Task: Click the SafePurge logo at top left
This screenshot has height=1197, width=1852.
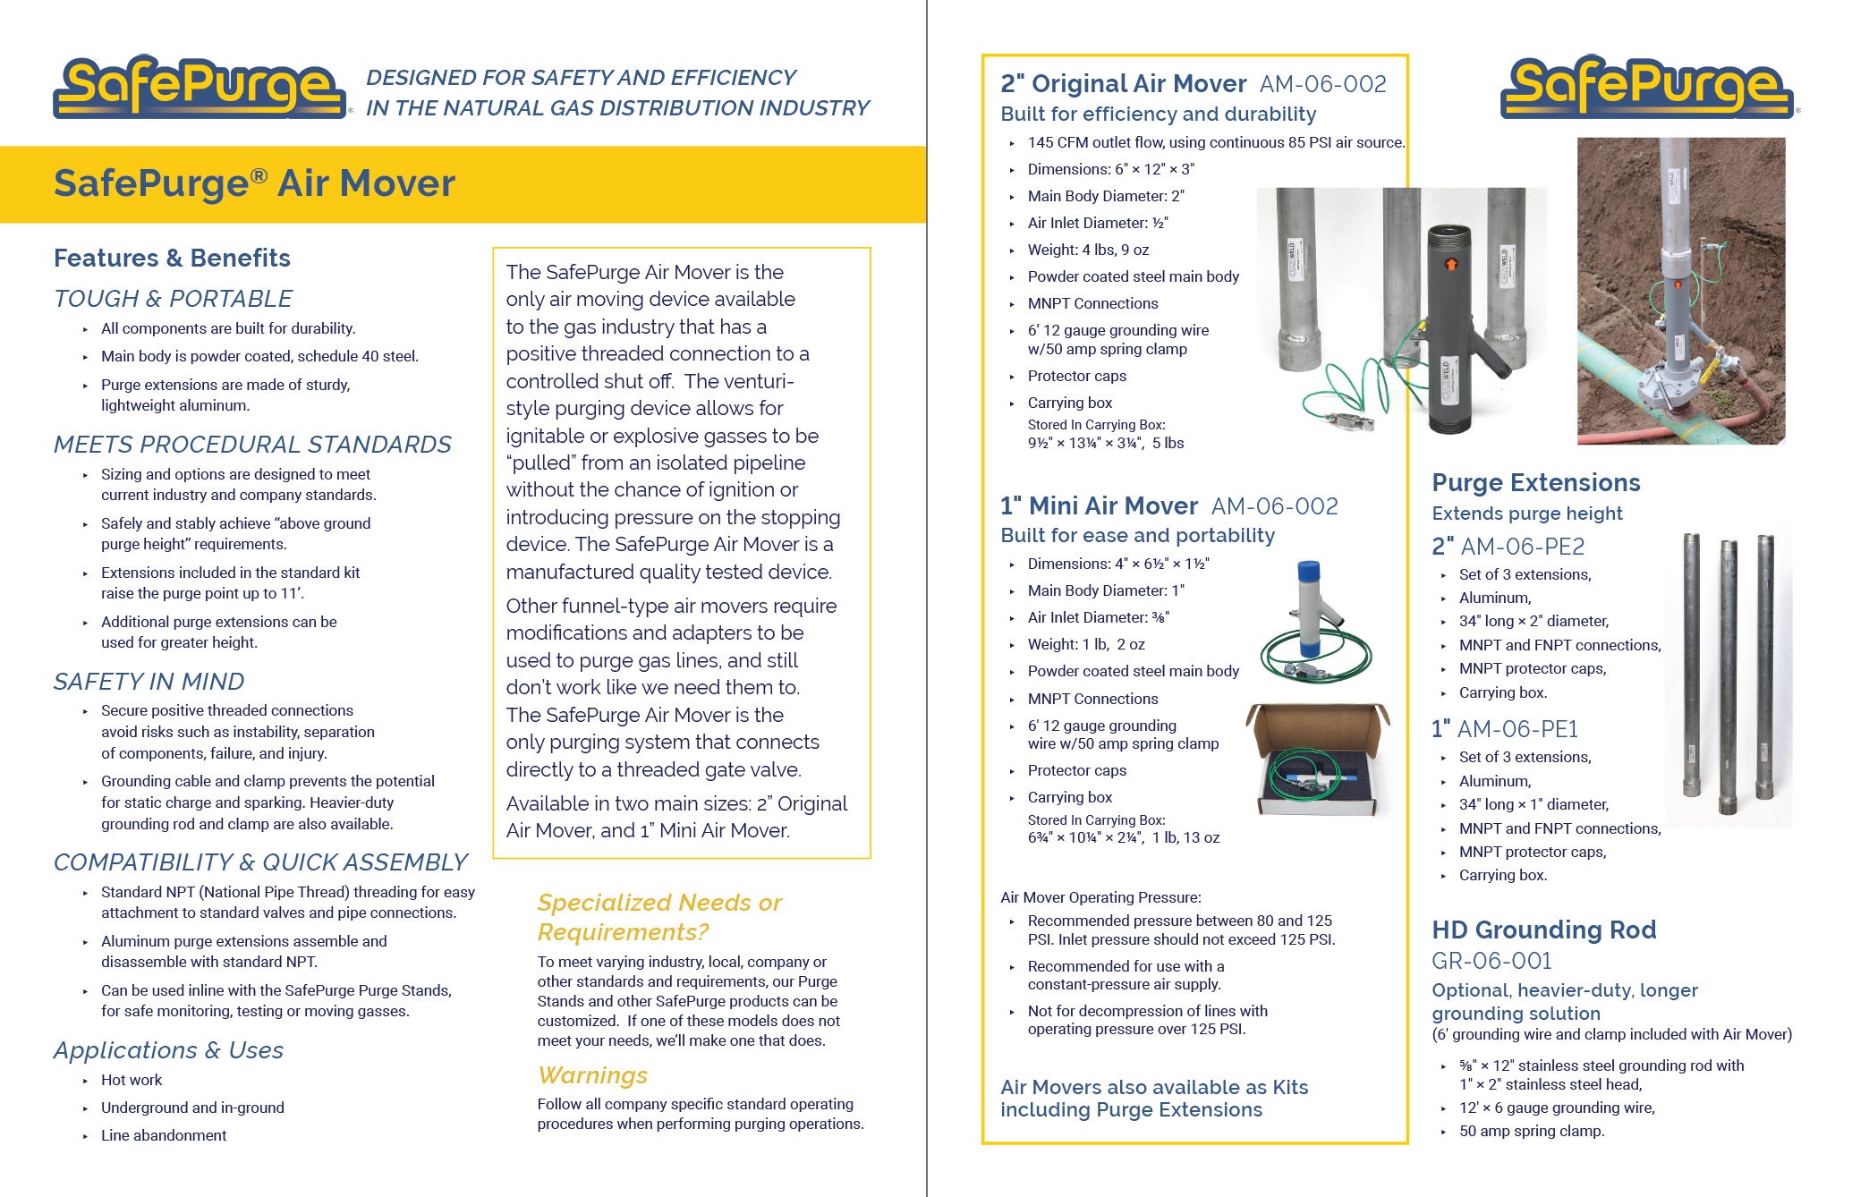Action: (200, 87)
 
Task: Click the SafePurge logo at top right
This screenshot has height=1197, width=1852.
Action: (1648, 87)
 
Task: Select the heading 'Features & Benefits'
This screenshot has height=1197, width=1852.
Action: (172, 259)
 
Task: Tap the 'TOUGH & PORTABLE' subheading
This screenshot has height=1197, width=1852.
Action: (173, 299)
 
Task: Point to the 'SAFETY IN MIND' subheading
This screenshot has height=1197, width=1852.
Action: (149, 682)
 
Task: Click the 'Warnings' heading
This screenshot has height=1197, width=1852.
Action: (592, 1075)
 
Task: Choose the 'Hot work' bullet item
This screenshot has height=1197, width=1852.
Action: (132, 1080)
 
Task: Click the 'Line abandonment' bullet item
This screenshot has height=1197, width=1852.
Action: (164, 1135)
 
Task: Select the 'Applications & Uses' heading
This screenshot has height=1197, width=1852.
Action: (168, 1050)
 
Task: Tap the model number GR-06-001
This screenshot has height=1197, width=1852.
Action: (1491, 961)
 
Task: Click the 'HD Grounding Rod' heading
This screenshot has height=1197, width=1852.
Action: (1543, 930)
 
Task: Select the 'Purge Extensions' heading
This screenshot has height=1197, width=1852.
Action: (1535, 483)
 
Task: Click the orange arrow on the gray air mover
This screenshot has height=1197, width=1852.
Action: (1450, 264)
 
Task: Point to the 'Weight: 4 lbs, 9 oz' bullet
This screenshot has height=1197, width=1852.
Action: (1088, 250)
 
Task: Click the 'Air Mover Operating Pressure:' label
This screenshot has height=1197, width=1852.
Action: (1100, 897)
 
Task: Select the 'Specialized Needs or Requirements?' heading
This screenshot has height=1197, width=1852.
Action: (659, 917)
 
